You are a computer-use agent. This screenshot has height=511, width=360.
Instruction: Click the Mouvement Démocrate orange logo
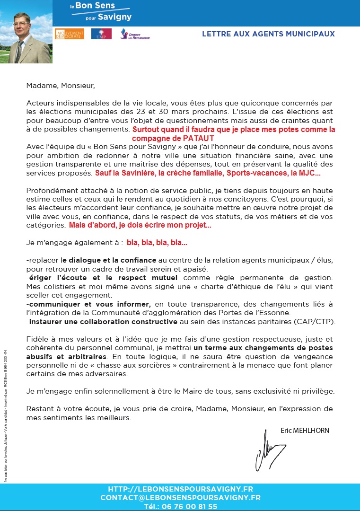coord(70,34)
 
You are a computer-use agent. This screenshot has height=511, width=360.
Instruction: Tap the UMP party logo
coord(101,34)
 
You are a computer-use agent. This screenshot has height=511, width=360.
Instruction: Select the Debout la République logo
coord(135,34)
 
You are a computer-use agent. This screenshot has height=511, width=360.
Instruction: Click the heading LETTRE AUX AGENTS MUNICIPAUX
coord(268,34)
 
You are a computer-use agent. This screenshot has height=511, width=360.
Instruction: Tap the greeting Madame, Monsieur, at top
coord(61,86)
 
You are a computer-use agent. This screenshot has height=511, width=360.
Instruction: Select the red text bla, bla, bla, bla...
coord(157,243)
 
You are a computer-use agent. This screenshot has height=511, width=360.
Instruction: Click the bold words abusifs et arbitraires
coord(66,356)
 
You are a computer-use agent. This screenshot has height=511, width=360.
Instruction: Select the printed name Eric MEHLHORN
coord(305,431)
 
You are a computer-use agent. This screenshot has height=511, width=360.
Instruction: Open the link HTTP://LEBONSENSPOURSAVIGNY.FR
coord(180,489)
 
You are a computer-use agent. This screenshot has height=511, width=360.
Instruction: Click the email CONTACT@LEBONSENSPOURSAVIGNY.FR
coord(180,498)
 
